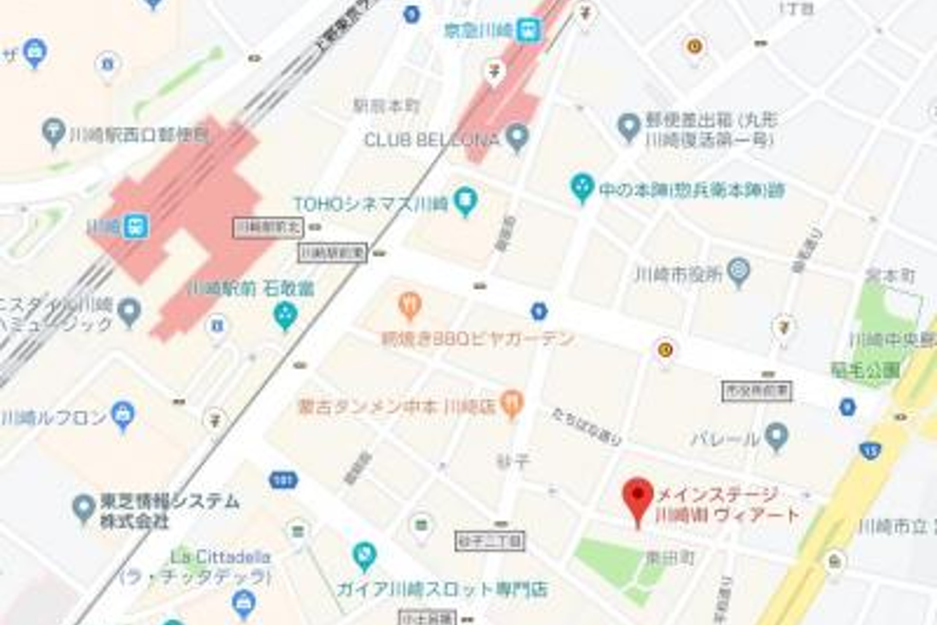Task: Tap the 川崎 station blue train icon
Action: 136,226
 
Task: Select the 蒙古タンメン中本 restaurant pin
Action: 512,403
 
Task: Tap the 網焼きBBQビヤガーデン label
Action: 477,339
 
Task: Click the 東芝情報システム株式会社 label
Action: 169,511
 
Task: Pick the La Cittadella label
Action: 220,557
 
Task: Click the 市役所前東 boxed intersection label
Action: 756,391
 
